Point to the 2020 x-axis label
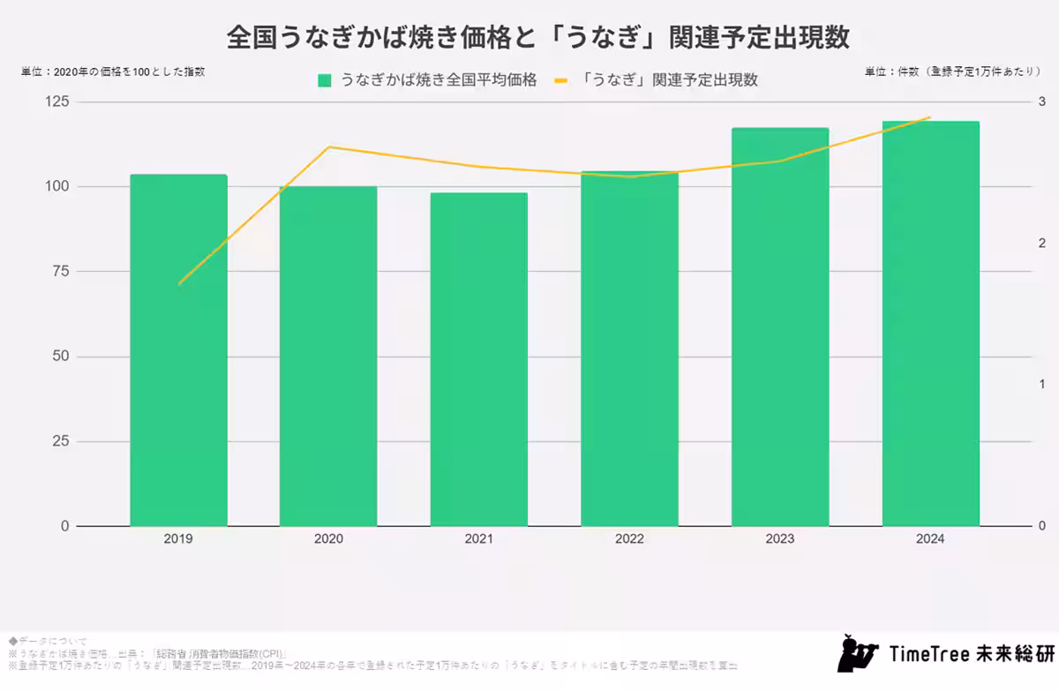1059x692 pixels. click(x=328, y=538)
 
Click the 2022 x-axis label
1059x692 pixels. click(x=629, y=538)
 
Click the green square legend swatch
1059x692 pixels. click(x=325, y=80)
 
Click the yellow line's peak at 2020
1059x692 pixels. click(x=328, y=147)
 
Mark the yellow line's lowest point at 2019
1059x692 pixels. click(x=179, y=283)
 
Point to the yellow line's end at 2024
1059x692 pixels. click(x=930, y=117)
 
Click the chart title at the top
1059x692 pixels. click(x=537, y=37)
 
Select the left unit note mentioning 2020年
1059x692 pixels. click(x=113, y=71)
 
